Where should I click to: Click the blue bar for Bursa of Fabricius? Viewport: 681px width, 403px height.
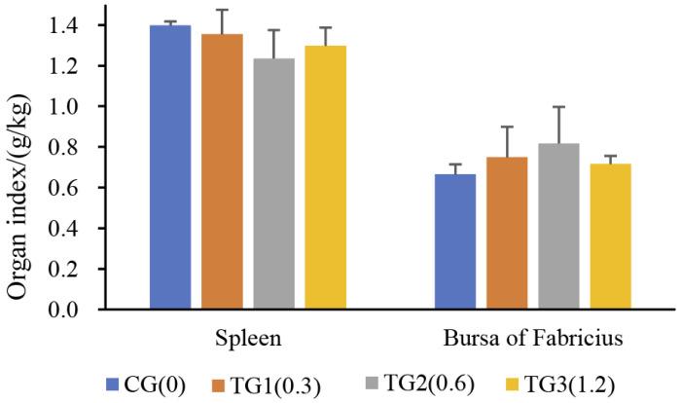pos(454,242)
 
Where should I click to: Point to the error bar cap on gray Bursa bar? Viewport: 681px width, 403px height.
pos(558,107)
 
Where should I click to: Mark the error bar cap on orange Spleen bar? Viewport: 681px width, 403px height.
pos(223,10)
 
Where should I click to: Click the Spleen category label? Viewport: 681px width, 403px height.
pos(248,340)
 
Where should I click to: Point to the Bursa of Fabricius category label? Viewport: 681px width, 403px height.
pos(532,340)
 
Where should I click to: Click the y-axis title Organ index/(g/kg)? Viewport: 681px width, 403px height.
pos(19,161)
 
